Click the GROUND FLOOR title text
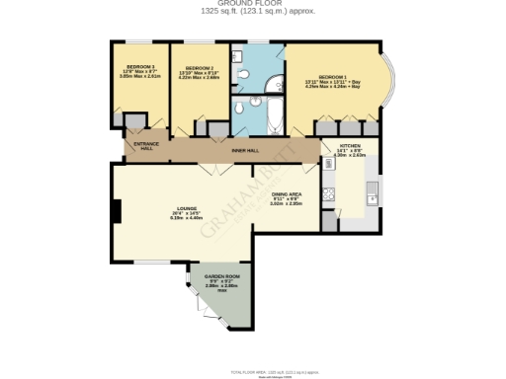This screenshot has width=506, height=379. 253,4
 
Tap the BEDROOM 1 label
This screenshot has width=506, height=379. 332,79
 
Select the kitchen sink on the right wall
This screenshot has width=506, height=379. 373,194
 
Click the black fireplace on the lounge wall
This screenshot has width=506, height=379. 117,210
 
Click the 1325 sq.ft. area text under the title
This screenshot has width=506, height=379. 253,12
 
